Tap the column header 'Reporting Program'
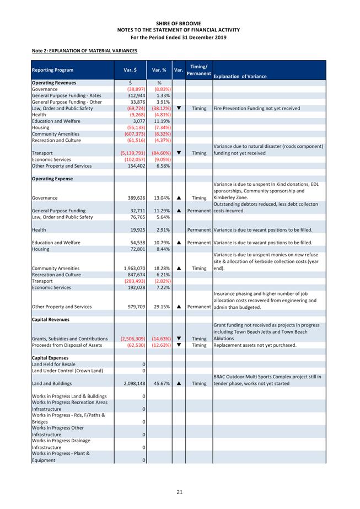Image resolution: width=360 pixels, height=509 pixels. [52, 70]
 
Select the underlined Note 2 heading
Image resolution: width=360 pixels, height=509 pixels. [84, 51]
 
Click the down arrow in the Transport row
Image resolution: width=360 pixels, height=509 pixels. [179, 153]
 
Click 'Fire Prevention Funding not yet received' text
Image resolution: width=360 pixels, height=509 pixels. [256, 109]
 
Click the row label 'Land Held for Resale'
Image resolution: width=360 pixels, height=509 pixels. [55, 365]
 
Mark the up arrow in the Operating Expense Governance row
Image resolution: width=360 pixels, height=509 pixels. [179, 197]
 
